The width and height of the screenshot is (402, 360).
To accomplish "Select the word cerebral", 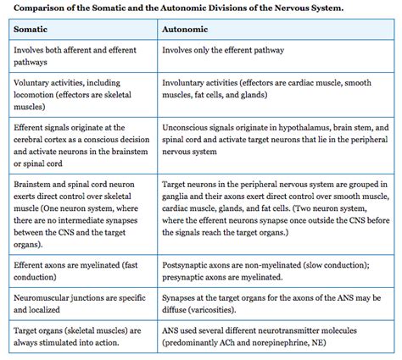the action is point(33,138).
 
